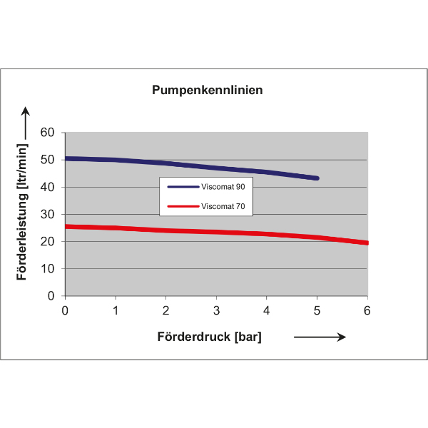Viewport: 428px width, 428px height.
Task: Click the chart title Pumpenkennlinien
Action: pos(207,91)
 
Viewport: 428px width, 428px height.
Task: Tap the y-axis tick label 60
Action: pos(48,133)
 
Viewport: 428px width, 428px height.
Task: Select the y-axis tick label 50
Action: pos(48,160)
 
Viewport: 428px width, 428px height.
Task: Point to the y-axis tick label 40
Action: pos(48,187)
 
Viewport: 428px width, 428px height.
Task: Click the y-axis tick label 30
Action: pos(48,214)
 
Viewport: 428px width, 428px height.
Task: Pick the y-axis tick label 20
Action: pos(48,241)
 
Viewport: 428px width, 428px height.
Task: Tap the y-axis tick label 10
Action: pos(48,268)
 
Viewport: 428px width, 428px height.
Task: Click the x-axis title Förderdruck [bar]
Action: pos(210,337)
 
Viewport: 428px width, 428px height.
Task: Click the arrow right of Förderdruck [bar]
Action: pos(320,337)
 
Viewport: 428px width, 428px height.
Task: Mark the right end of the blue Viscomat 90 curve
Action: pos(316,178)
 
